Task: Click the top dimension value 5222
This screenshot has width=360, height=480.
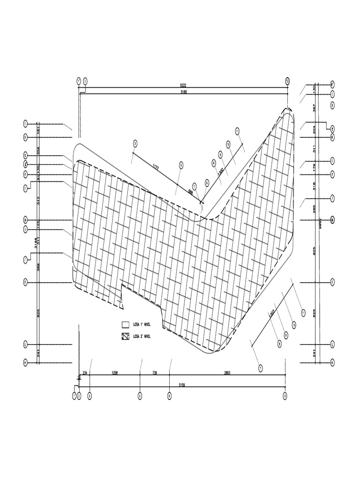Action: pyautogui.click(x=183, y=85)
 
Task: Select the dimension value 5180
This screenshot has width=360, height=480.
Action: pyautogui.click(x=183, y=92)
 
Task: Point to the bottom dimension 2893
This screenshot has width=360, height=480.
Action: pyautogui.click(x=227, y=373)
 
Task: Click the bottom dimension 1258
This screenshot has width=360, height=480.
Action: pyautogui.click(x=114, y=373)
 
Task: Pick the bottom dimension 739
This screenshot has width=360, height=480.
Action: pyautogui.click(x=155, y=373)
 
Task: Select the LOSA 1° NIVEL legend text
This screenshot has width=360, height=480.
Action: pyautogui.click(x=142, y=324)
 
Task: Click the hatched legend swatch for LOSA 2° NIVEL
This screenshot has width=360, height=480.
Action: pyautogui.click(x=125, y=336)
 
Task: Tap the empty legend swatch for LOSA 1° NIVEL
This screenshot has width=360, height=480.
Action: pyautogui.click(x=125, y=324)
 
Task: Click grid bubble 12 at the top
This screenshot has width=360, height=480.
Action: pyautogui.click(x=287, y=81)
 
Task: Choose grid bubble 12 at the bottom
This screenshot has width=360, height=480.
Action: pyautogui.click(x=285, y=396)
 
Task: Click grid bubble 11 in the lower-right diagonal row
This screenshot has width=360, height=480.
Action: pyautogui.click(x=303, y=313)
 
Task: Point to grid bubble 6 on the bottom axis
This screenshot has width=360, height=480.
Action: pyautogui.click(x=169, y=396)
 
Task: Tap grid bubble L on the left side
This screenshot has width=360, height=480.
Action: pyautogui.click(x=25, y=345)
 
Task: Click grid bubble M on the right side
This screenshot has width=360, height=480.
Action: pyautogui.click(x=332, y=362)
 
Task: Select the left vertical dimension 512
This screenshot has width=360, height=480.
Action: pyautogui.click(x=38, y=199)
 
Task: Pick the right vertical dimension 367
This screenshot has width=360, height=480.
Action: pyautogui.click(x=315, y=107)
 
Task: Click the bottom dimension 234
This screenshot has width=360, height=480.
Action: pyautogui.click(x=84, y=373)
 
